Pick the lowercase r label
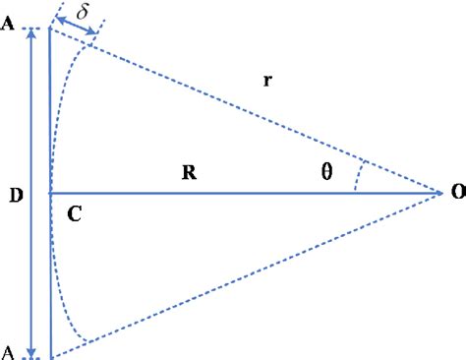click(267, 82)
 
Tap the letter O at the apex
click(457, 194)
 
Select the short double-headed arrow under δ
click(76, 30)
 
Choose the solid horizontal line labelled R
click(246, 193)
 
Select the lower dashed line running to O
click(246, 275)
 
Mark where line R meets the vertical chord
click(49, 193)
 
